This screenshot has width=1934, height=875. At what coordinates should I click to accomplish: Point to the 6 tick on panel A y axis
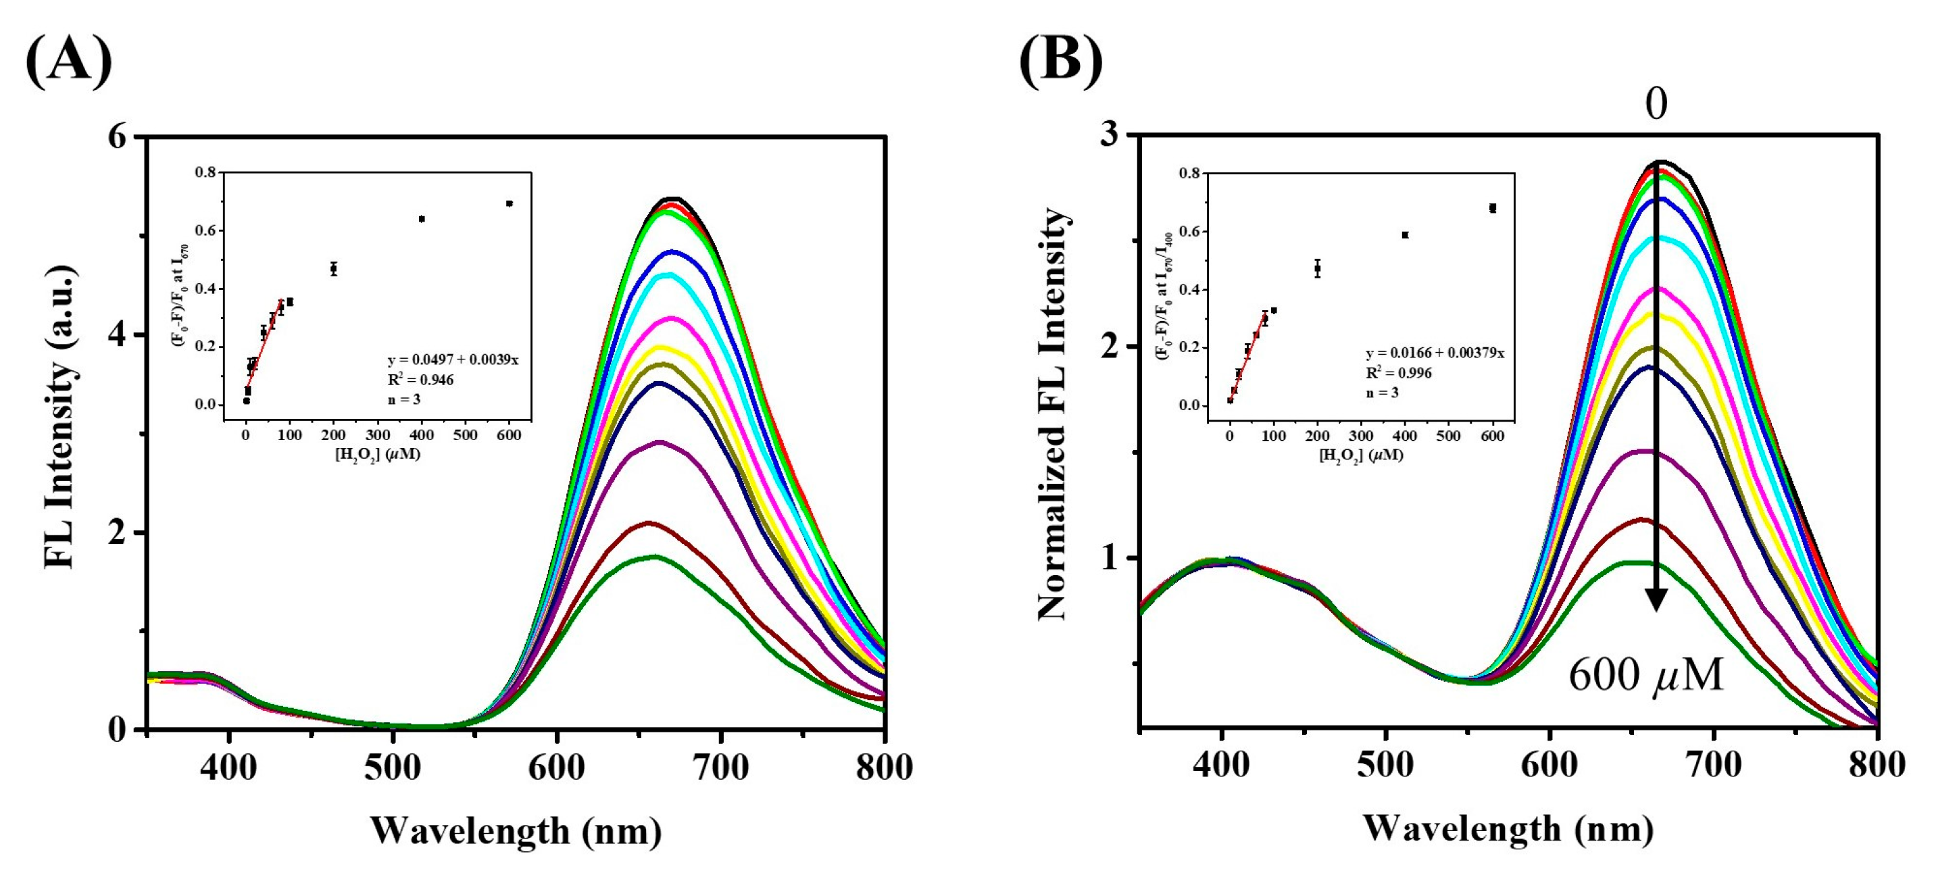pyautogui.click(x=120, y=138)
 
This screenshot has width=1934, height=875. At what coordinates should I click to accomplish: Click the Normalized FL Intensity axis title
pyautogui.click(x=1053, y=415)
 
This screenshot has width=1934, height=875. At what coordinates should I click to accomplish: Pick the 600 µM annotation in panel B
pyautogui.click(x=1645, y=676)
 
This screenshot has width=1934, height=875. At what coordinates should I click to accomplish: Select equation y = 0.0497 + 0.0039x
pyautogui.click(x=453, y=360)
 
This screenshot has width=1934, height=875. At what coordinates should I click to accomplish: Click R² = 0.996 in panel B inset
pyautogui.click(x=1398, y=373)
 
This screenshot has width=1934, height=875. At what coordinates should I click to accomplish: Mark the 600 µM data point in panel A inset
pyautogui.click(x=509, y=203)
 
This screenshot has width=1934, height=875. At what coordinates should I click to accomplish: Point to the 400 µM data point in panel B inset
pyautogui.click(x=1405, y=235)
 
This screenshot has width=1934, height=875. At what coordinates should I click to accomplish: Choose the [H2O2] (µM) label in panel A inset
pyautogui.click(x=377, y=455)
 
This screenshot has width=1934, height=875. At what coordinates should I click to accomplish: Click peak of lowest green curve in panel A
pyautogui.click(x=654, y=557)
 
